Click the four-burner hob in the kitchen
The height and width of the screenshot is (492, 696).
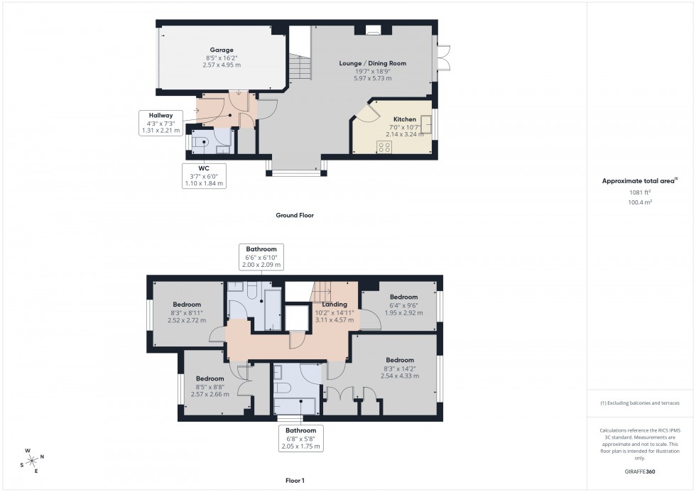[384, 147]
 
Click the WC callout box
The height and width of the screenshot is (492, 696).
[203, 175]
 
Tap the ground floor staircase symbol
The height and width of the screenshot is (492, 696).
[300, 69]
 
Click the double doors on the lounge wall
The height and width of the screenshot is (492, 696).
[445, 58]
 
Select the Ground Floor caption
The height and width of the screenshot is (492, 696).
[295, 215]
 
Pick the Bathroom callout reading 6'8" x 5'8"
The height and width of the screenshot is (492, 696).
[300, 438]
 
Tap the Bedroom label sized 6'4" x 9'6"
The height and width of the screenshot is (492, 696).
[403, 305]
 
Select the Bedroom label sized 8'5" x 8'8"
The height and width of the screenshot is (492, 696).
[210, 386]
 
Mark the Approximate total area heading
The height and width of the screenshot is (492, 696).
[628, 181]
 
